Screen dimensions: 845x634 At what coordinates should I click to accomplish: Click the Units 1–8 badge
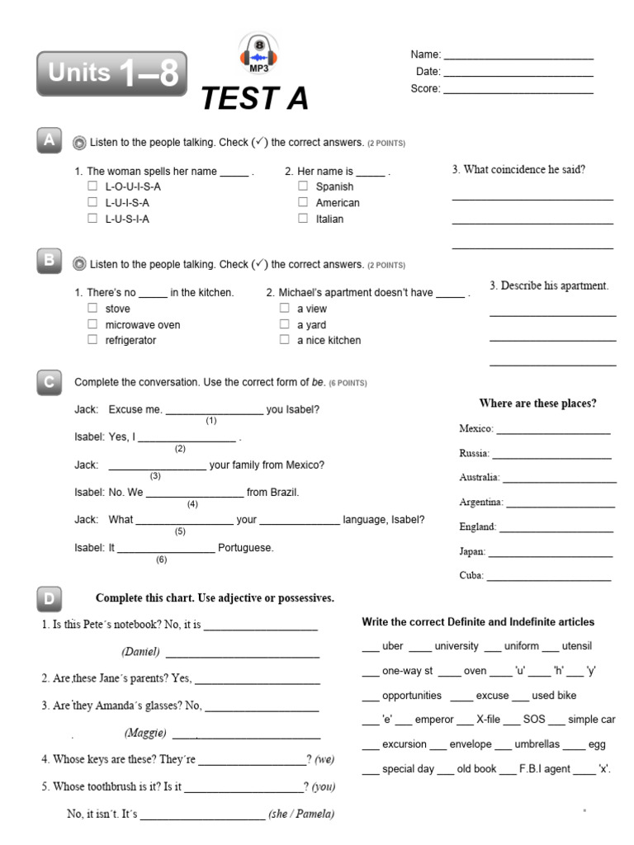(111, 73)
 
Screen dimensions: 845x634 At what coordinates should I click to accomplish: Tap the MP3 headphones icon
(258, 54)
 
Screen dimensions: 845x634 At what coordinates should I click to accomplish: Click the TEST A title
(255, 99)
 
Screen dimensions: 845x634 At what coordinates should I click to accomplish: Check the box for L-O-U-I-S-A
(93, 186)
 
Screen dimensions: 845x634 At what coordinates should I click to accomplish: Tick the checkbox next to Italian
(303, 219)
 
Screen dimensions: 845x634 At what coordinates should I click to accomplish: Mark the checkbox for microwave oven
(92, 324)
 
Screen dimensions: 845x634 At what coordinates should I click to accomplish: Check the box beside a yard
(284, 324)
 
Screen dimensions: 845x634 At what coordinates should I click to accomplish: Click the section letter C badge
(50, 382)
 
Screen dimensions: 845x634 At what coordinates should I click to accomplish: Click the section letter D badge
(50, 597)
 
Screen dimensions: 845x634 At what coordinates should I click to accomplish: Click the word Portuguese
(246, 547)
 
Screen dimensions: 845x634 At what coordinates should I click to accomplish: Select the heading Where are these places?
(537, 404)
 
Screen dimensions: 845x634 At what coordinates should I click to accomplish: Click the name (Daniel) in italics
(140, 652)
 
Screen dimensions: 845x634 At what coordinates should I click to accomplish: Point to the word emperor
(434, 720)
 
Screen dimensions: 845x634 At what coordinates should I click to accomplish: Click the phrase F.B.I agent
(544, 768)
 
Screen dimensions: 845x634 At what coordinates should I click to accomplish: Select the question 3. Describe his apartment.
(549, 286)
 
